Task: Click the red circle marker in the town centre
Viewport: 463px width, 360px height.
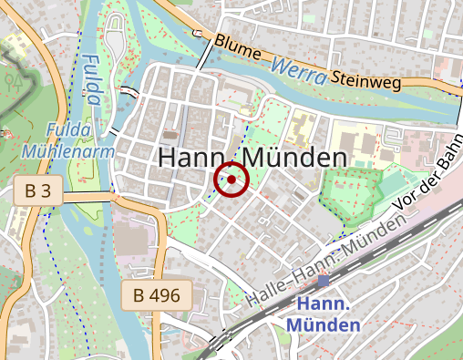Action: click(x=231, y=180)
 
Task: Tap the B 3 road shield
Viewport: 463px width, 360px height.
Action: click(x=37, y=191)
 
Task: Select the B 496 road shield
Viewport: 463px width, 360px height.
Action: click(x=157, y=294)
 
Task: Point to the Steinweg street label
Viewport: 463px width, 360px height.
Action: click(x=365, y=81)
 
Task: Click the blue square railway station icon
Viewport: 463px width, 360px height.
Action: click(x=324, y=281)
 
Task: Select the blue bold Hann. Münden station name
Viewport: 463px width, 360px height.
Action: click(x=324, y=314)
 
